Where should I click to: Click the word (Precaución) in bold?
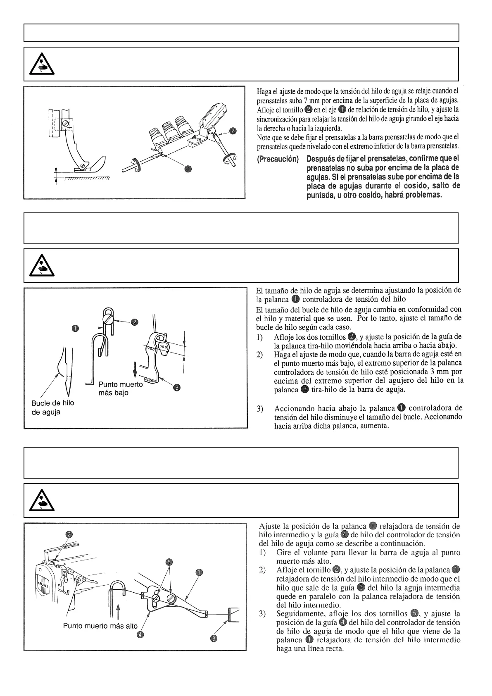[278, 159]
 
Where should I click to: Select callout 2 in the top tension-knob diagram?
[233, 131]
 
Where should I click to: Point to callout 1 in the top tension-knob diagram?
[188, 169]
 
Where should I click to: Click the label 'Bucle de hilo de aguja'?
[52, 407]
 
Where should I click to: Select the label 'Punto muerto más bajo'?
[120, 388]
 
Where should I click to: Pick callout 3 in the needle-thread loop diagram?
[176, 387]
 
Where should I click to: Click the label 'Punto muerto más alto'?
[100, 625]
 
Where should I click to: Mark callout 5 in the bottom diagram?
[169, 562]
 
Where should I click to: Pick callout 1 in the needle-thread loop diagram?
[75, 328]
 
